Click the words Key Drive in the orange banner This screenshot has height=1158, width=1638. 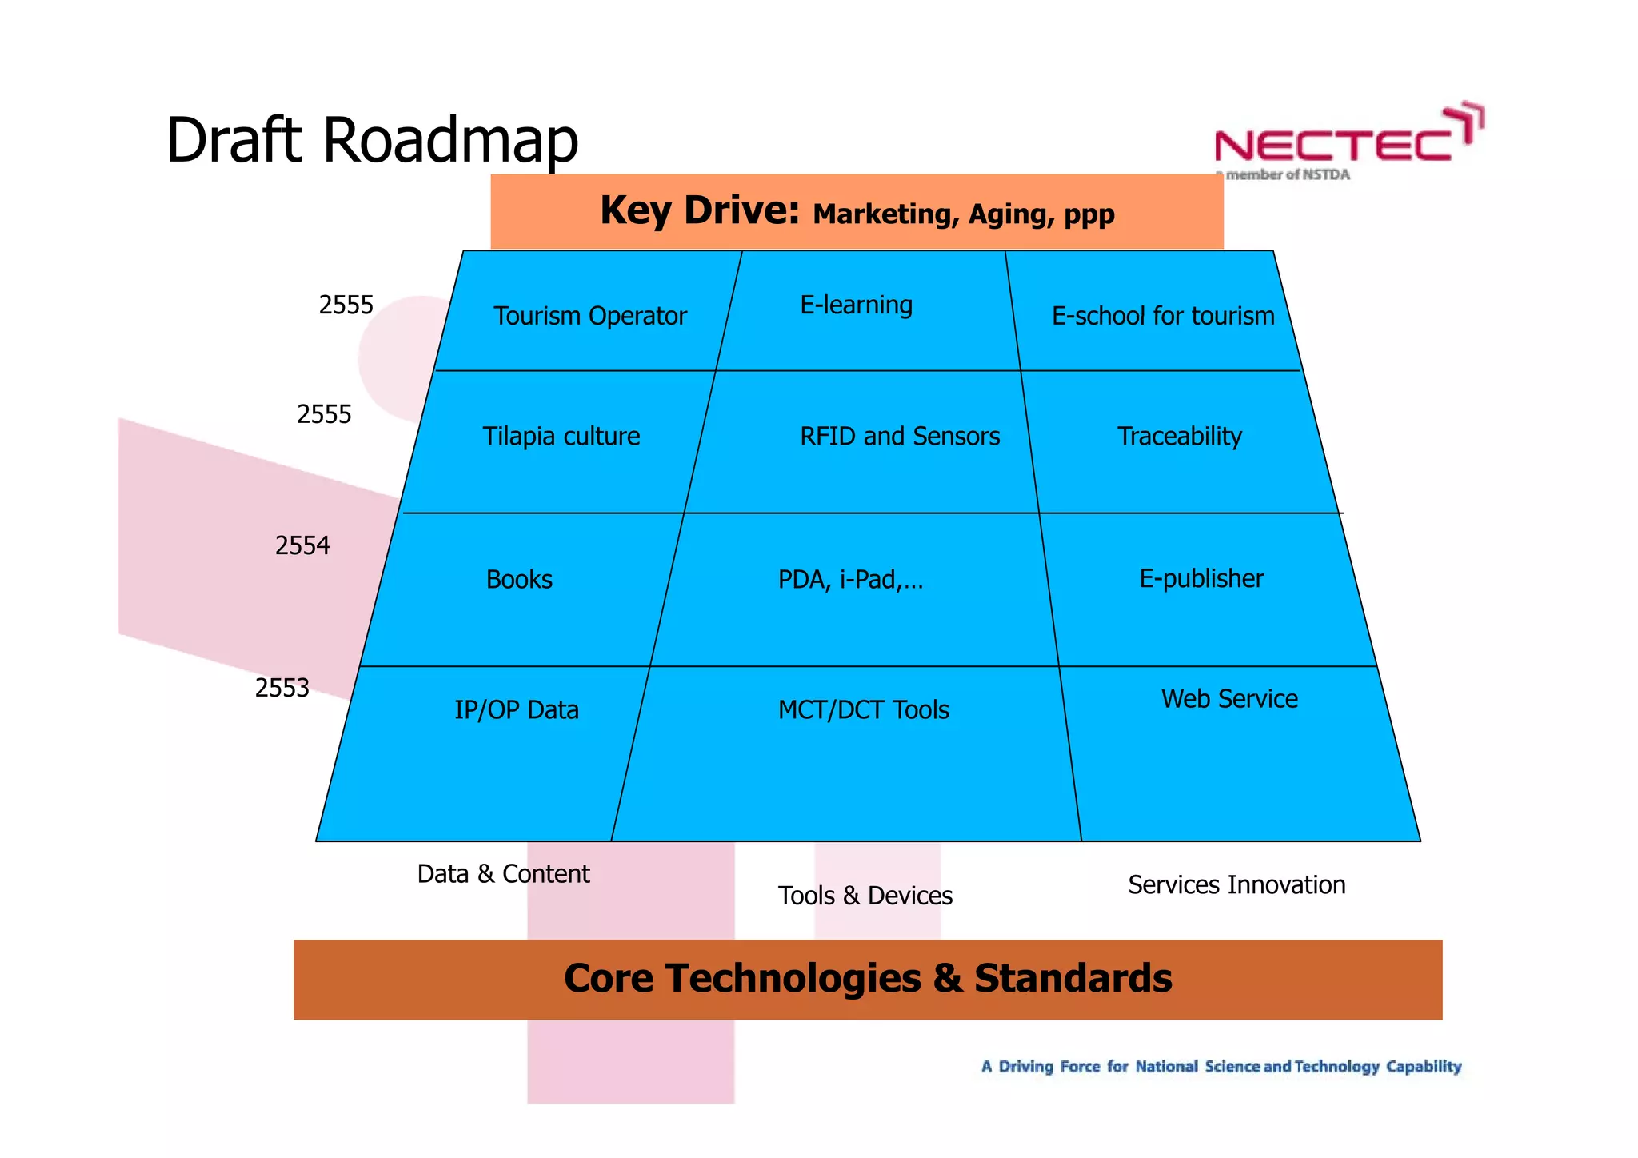(x=699, y=211)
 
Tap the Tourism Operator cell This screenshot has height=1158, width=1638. (x=589, y=316)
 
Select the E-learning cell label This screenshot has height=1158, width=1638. (x=856, y=305)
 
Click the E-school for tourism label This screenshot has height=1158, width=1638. (x=1162, y=316)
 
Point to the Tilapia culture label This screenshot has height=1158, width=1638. (x=561, y=436)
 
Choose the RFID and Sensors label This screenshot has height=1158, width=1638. (x=899, y=436)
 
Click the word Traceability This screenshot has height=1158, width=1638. (x=1179, y=436)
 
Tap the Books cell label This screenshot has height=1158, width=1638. (x=519, y=579)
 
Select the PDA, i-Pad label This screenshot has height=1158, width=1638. (x=850, y=579)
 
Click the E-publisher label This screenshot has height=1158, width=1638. (x=1201, y=578)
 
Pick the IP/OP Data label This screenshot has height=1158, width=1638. (x=516, y=709)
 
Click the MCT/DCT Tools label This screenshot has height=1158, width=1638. (x=863, y=709)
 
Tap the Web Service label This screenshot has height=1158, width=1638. (x=1228, y=698)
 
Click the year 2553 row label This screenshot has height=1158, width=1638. (x=282, y=688)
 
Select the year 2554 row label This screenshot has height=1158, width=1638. (x=302, y=545)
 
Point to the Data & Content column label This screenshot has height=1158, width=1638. (x=503, y=873)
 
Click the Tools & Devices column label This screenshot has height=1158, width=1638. (x=865, y=896)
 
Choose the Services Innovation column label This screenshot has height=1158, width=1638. (x=1236, y=884)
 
